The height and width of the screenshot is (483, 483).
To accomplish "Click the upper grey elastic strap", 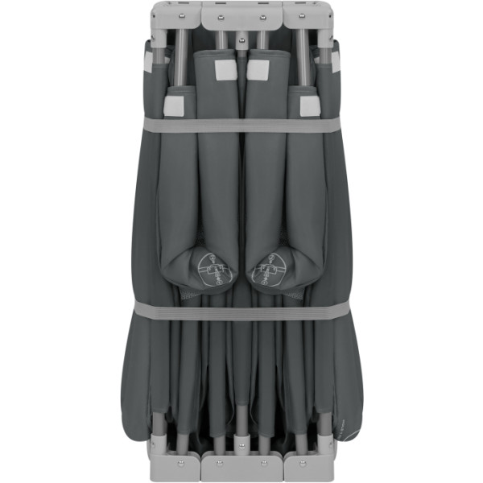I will click(242, 124).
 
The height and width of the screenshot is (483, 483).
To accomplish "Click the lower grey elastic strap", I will click(242, 311).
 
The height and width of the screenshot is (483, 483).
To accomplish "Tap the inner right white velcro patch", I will click(258, 71).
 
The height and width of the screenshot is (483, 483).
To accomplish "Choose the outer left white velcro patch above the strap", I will click(175, 104).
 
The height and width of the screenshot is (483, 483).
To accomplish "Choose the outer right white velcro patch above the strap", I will click(308, 104).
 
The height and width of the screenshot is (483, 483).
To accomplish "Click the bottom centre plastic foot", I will click(242, 465).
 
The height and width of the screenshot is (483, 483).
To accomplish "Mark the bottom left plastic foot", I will click(174, 464).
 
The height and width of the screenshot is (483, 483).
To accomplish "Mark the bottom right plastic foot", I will click(309, 464).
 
